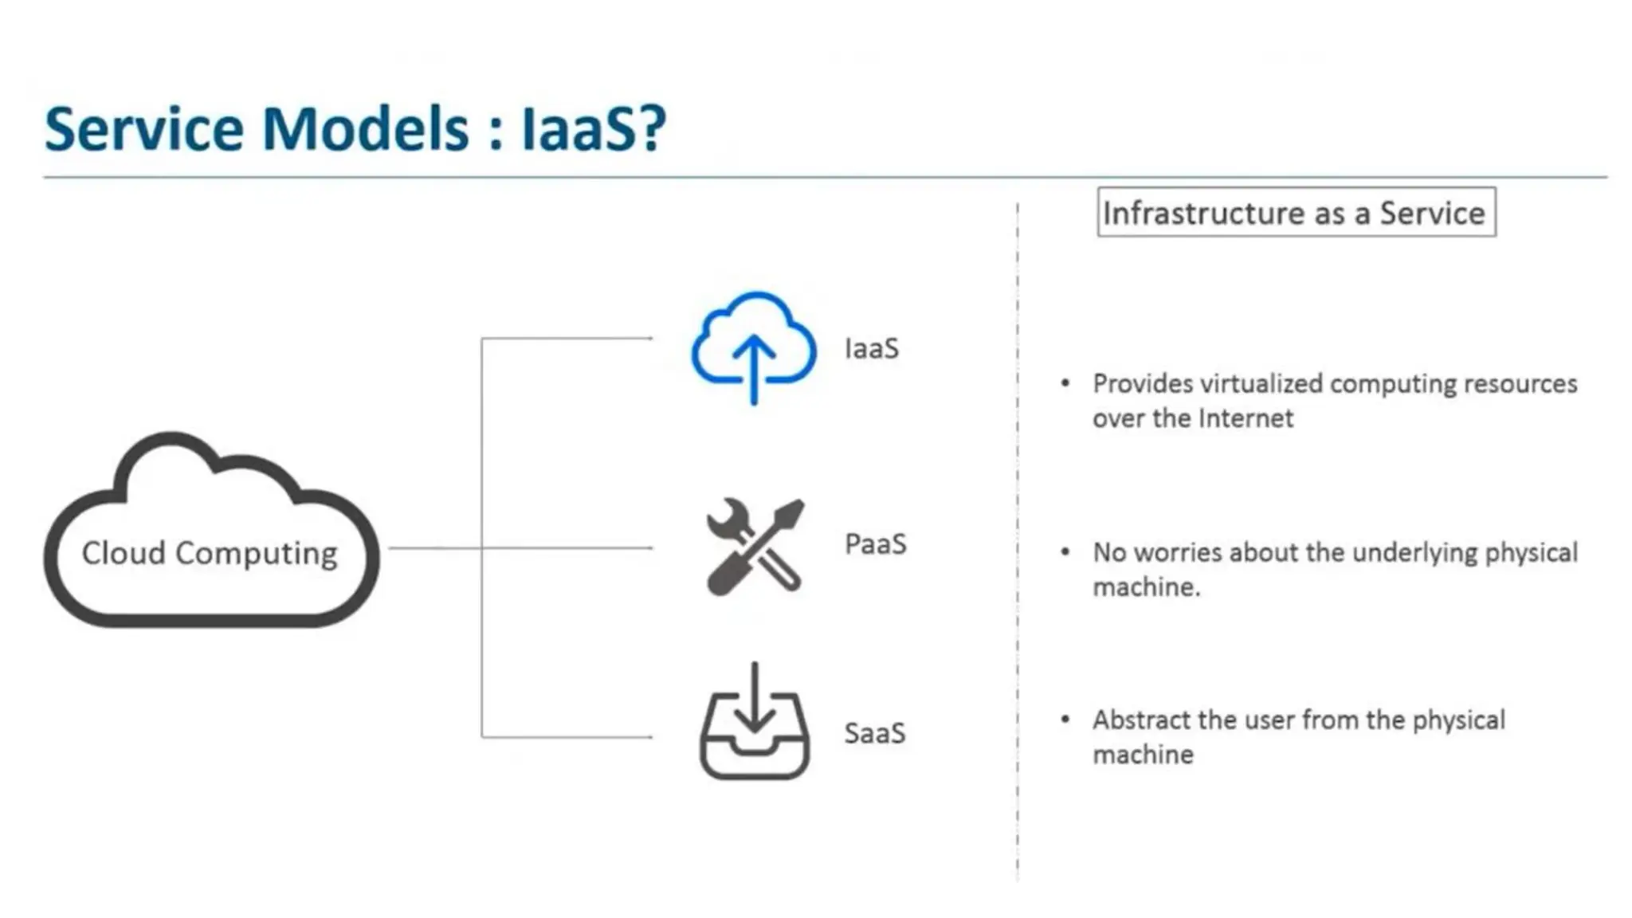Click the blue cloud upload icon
753,339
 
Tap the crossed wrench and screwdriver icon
754,547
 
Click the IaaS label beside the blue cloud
871,349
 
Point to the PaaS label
875,544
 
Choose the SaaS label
874,733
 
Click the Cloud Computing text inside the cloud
210,553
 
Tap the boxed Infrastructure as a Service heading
1296,213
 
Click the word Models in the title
366,129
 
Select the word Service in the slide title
144,129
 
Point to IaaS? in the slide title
594,129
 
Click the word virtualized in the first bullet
1261,383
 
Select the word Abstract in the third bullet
1141,720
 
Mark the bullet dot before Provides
1065,383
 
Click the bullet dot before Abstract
1065,720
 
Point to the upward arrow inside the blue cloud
754,367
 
